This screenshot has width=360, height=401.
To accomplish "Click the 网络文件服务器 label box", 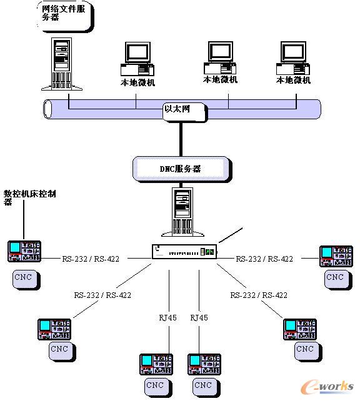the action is (65, 16).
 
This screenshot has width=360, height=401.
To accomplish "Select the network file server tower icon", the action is (62, 64).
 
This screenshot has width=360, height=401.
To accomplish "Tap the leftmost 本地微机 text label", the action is (137, 82).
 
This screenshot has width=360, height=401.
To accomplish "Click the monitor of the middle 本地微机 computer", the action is (221, 52).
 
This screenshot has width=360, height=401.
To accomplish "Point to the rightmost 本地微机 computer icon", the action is (293, 58).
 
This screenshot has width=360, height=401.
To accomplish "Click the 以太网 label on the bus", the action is (177, 109).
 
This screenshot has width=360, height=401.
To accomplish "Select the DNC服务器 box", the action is (182, 169).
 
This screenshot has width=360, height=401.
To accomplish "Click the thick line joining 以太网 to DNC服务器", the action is (181, 139).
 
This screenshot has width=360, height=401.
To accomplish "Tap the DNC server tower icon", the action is (182, 212).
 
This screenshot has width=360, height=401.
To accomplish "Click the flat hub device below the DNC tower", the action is (184, 252).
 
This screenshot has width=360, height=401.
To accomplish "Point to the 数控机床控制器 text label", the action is (29, 197).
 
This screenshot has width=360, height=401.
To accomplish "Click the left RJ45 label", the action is (168, 318).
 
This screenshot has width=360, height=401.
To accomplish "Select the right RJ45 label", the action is (199, 318).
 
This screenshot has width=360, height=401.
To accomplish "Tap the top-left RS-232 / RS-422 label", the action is (91, 259).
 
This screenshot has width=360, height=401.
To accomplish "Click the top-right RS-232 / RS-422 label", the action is (264, 259).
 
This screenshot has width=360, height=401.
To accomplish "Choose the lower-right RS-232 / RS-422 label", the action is (259, 295).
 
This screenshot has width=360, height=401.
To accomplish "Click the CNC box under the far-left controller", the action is (26, 280).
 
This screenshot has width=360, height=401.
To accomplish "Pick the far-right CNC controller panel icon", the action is (336, 256).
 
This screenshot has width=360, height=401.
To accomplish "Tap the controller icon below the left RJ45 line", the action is (156, 364).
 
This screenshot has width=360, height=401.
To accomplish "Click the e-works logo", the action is (327, 386).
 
